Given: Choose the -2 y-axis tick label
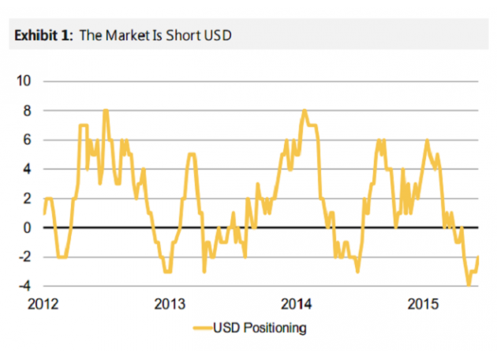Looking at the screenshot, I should pos(24,257).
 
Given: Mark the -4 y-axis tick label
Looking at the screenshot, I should pos(24,286).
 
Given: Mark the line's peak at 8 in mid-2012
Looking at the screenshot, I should pos(106,111).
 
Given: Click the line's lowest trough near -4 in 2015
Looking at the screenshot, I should pos(469,285).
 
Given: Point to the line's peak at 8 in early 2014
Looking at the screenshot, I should pos(305,111).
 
